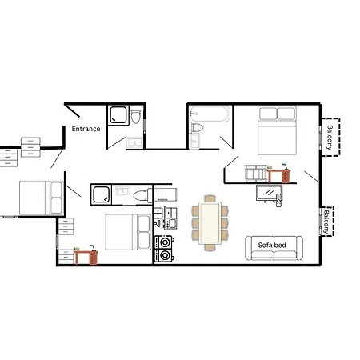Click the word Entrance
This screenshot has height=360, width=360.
tap(86, 129)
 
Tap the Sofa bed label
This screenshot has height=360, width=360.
tap(274, 245)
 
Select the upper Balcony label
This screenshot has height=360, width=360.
tap(329, 136)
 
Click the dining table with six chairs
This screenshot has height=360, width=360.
tap(209, 222)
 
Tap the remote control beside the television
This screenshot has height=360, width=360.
tap(279, 202)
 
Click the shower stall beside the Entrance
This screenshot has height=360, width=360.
tap(120, 116)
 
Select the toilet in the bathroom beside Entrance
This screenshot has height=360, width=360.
tap(136, 118)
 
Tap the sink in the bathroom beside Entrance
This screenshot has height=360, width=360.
tap(134, 142)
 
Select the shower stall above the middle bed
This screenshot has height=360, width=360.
tap(102, 194)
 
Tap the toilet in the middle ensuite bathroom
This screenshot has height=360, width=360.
tap(141, 194)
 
